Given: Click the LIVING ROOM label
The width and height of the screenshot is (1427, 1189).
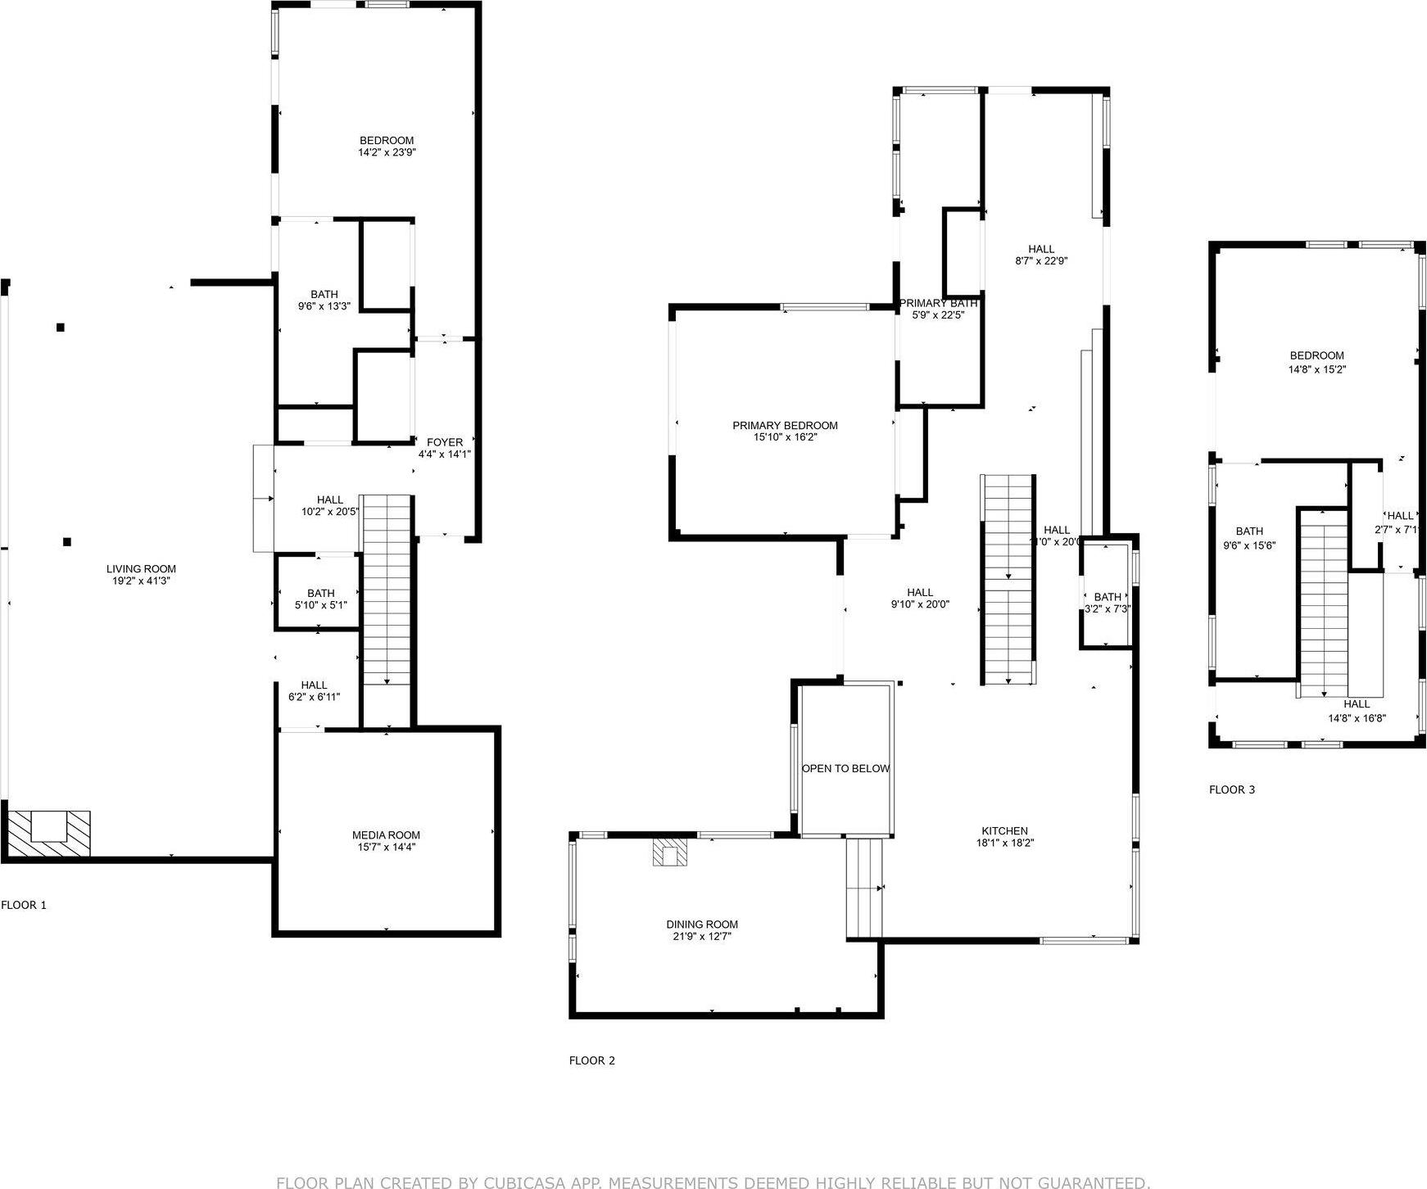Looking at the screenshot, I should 141,569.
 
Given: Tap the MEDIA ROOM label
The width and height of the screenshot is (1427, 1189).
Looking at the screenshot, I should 386,835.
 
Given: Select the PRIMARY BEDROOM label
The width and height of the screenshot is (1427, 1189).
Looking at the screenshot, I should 785,426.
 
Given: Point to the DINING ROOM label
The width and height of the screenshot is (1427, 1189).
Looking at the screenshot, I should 702,925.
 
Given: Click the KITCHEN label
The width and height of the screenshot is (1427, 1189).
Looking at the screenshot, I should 1004,831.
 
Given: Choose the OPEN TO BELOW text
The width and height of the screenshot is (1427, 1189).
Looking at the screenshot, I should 845,769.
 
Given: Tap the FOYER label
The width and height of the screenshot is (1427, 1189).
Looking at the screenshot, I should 445,443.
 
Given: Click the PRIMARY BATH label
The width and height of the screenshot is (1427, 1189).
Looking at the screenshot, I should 938,303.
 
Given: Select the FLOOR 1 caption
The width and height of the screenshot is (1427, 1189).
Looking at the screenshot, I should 24,905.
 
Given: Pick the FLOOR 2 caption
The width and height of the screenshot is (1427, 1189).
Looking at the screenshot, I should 591,1060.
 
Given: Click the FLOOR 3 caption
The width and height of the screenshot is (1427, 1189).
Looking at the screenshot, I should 1231,790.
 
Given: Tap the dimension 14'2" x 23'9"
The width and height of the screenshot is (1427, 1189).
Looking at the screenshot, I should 387,152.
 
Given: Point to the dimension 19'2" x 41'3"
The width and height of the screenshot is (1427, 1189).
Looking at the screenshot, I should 141,581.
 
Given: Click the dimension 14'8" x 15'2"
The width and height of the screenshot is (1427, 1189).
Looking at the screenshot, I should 1316,369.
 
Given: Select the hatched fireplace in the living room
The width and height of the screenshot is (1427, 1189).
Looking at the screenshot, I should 49,833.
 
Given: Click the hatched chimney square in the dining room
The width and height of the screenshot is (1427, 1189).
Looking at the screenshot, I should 670,852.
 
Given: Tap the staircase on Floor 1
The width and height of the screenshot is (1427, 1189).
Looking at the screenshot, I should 387,590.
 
